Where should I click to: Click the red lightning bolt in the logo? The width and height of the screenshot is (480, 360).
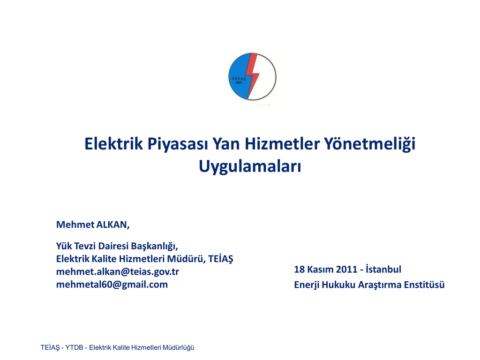pyautogui.click(x=253, y=75)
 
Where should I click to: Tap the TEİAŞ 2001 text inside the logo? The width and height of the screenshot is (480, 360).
pyautogui.click(x=239, y=81)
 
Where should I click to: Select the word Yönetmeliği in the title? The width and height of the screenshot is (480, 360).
pyautogui.click(x=369, y=144)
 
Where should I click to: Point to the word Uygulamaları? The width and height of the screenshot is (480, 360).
pyautogui.click(x=250, y=166)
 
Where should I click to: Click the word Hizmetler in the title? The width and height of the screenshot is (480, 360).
pyautogui.click(x=282, y=143)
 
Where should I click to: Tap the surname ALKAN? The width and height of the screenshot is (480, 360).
pyautogui.click(x=113, y=225)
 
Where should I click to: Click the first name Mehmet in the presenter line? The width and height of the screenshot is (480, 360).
pyautogui.click(x=75, y=225)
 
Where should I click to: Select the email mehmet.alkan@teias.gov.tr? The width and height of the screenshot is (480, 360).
pyautogui.click(x=118, y=272)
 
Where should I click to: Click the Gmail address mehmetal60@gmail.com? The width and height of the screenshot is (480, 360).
pyautogui.click(x=112, y=285)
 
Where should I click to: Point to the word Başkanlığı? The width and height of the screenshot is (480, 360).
pyautogui.click(x=155, y=246)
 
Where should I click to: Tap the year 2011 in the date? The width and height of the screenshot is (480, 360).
pyautogui.click(x=347, y=270)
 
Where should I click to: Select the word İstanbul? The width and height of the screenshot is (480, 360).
pyautogui.click(x=383, y=269)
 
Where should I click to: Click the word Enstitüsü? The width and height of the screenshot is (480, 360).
pyautogui.click(x=424, y=285)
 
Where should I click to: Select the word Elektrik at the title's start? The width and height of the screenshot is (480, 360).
pyautogui.click(x=113, y=143)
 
